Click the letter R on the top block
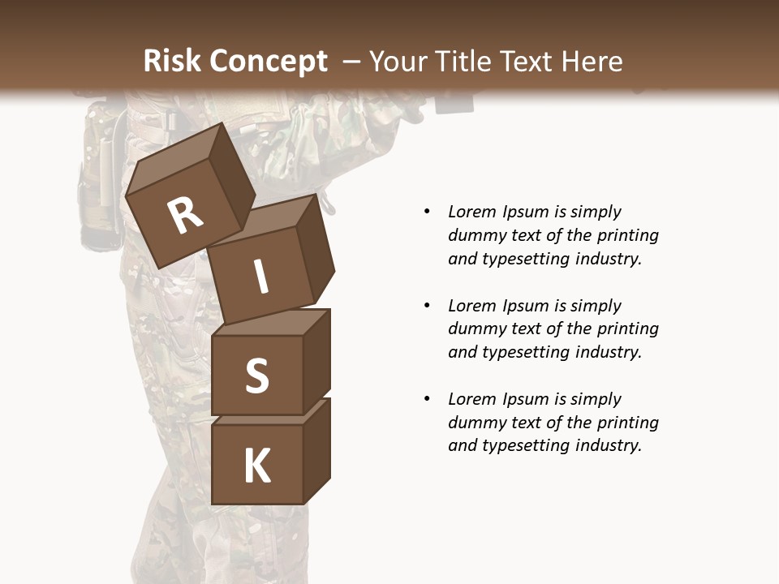tap(185, 216)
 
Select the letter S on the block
tap(256, 376)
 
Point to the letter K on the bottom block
tap(256, 466)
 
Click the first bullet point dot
tap(427, 212)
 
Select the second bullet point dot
tap(427, 306)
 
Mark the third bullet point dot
tap(427, 399)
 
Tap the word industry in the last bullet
tap(607, 445)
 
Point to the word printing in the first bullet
tap(627, 235)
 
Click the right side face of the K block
tap(316, 450)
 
